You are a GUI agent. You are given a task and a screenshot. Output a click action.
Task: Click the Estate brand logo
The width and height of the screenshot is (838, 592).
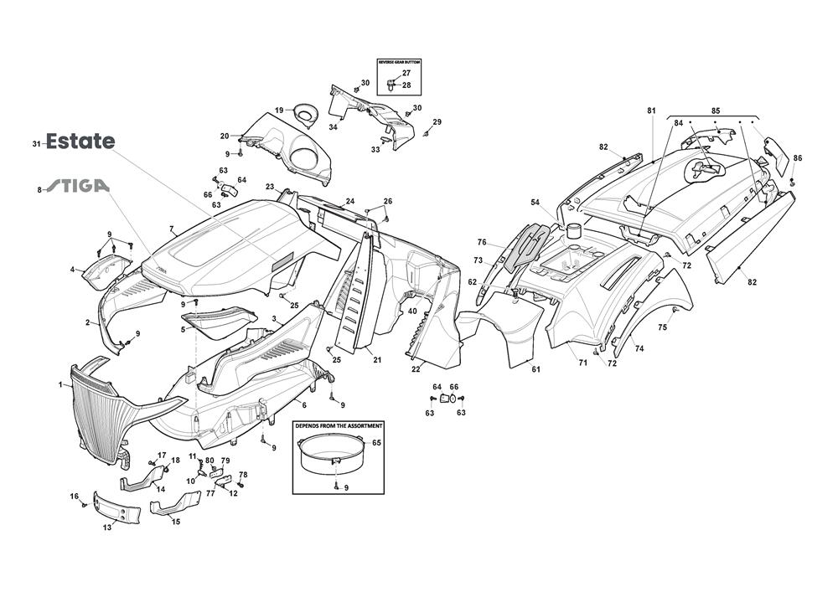[80, 142]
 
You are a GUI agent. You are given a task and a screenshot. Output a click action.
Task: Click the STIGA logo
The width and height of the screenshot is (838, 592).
[77, 186]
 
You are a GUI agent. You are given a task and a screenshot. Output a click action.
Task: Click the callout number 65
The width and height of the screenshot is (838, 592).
[376, 442]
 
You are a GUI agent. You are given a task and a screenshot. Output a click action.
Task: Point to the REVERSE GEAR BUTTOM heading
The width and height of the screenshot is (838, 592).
[399, 63]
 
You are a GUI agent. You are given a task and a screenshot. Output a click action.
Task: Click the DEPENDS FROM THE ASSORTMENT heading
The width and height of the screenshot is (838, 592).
[339, 425]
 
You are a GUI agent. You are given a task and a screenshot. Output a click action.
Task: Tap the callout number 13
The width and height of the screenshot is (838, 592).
[107, 527]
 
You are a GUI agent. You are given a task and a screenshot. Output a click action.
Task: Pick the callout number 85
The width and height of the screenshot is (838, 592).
[716, 111]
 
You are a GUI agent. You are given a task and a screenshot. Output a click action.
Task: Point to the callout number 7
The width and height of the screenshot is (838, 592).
[171, 229]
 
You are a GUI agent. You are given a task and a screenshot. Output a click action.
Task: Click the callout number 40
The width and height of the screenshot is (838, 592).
[412, 311]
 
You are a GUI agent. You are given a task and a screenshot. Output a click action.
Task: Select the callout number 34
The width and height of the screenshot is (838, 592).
[333, 127]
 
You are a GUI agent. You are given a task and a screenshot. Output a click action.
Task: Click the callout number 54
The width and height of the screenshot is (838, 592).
[558, 203]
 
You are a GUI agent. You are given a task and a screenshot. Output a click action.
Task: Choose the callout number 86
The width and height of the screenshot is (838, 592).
[797, 158]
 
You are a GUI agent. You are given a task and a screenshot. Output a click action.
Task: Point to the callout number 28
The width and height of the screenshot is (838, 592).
[406, 85]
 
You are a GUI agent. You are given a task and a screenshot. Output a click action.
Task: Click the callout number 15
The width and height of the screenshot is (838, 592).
[175, 522]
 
